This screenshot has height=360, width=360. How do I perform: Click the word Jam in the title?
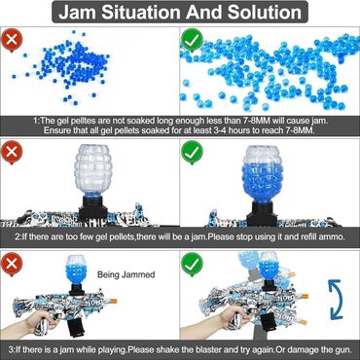point(77,12)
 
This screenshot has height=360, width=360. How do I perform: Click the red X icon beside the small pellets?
point(12,41)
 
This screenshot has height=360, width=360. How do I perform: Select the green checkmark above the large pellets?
point(192,40)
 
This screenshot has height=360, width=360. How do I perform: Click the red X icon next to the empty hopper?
point(12,153)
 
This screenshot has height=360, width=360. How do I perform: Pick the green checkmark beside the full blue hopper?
point(192,153)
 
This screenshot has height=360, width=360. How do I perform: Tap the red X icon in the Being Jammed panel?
point(12,265)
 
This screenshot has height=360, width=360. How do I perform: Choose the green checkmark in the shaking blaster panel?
point(192,265)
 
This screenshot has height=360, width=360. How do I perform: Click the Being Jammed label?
point(126,275)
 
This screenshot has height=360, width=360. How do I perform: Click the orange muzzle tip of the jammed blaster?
point(114,302)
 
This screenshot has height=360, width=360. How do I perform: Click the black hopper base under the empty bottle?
point(93,208)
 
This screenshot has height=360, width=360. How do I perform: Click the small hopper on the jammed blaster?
point(77,271)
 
